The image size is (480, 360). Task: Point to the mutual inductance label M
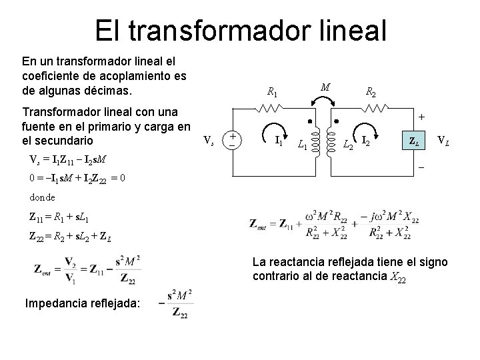[x=325, y=87]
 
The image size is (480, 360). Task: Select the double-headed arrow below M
[x=325, y=101]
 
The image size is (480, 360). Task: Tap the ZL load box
[x=414, y=141]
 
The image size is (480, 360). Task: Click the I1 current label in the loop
[x=279, y=140]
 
